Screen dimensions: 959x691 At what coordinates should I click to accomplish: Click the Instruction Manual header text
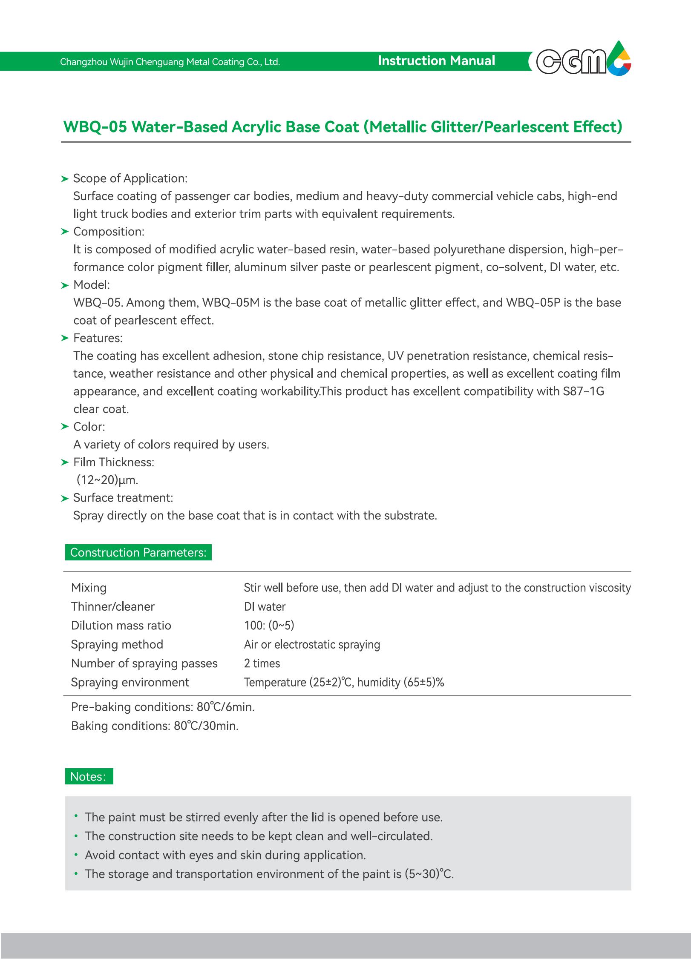(436, 61)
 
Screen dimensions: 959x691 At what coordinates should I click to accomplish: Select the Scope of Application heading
(130, 178)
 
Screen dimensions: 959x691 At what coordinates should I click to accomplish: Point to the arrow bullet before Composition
(65, 232)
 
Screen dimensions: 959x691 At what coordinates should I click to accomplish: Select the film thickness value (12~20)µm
(107, 480)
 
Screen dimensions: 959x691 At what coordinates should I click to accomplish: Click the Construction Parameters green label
(138, 552)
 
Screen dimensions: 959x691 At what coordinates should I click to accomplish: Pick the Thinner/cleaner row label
(112, 606)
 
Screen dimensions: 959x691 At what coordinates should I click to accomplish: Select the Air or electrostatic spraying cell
(312, 644)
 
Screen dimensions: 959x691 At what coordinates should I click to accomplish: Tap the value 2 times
(262, 663)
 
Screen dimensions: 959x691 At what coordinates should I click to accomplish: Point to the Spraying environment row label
(130, 682)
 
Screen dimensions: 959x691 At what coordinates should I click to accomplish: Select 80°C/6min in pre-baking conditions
(225, 707)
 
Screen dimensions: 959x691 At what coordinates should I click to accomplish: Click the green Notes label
(89, 776)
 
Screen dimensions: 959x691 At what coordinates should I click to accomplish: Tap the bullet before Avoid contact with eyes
(76, 855)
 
